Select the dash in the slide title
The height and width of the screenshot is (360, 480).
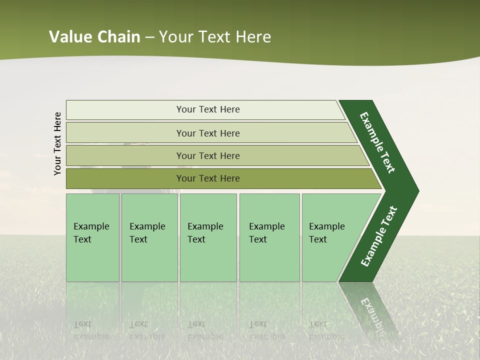pyautogui.click(x=149, y=37)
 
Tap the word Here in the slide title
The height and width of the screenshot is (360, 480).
pyautogui.click(x=253, y=37)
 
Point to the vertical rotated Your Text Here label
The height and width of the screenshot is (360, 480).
pyautogui.click(x=57, y=144)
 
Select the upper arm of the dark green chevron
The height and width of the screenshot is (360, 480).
pyautogui.click(x=377, y=142)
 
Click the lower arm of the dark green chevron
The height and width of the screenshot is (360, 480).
pyautogui.click(x=378, y=237)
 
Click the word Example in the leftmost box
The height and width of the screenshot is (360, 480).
pyautogui.click(x=91, y=226)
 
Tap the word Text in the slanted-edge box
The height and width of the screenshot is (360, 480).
pyautogui.click(x=317, y=239)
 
